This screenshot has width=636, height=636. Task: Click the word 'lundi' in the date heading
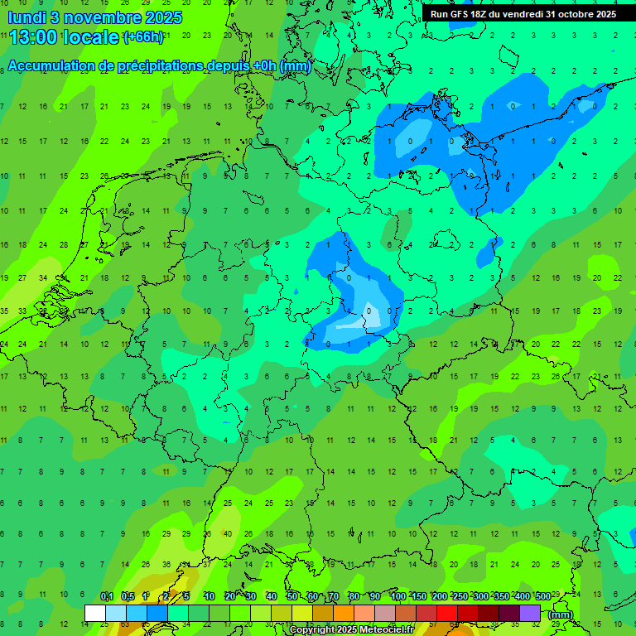(x=25, y=17)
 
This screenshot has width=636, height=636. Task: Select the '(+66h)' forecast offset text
(x=143, y=38)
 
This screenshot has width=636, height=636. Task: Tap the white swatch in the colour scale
(x=95, y=613)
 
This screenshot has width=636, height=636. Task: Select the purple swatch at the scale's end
(x=530, y=613)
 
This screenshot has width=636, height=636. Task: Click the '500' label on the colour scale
(x=542, y=597)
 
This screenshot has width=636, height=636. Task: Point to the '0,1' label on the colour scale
(x=106, y=597)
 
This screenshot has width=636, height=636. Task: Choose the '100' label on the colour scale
(x=397, y=597)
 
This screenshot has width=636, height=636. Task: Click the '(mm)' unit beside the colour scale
(x=561, y=614)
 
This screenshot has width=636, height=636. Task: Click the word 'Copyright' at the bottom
(x=312, y=630)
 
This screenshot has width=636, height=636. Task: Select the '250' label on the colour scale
(x=460, y=597)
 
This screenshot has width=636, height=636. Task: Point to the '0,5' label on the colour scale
(x=127, y=597)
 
